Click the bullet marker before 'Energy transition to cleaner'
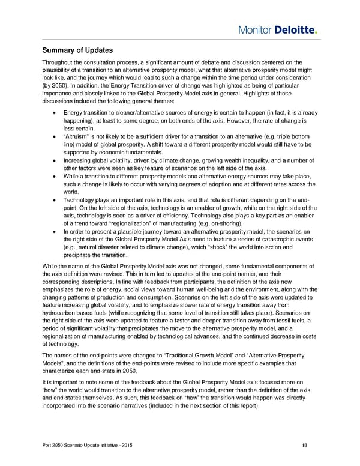tap(55, 113)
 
